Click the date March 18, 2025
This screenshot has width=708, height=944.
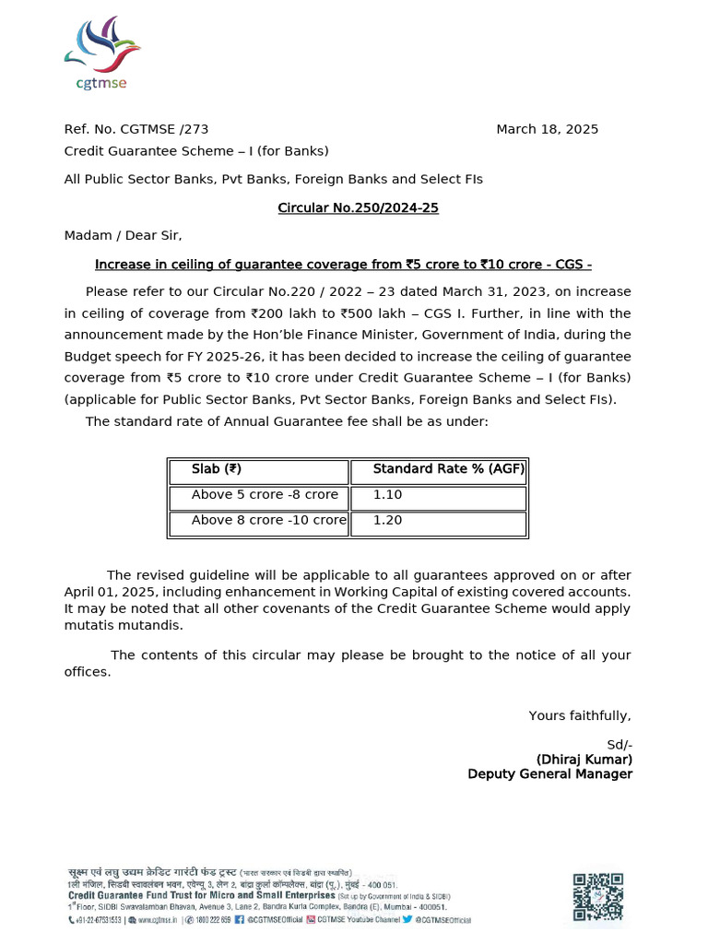[x=547, y=129]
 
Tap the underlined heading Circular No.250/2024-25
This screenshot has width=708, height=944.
[x=358, y=207]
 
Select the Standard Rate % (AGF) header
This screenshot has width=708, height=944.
[x=448, y=469]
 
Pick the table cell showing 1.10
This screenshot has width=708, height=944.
[x=387, y=495]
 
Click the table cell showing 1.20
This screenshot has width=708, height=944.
[x=387, y=521]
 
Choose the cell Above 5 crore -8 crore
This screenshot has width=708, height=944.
[x=265, y=495]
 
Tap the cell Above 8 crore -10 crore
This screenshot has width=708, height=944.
[x=268, y=521]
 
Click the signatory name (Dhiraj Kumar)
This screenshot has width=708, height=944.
[x=584, y=759]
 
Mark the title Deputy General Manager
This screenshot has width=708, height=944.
[x=549, y=774]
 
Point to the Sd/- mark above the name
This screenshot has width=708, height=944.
[x=619, y=744]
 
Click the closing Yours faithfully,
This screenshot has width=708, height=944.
[x=580, y=715]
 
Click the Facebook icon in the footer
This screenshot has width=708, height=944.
[x=239, y=919]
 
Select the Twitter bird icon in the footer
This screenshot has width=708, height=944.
[x=406, y=919]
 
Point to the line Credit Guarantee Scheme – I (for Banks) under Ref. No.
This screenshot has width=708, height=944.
[x=195, y=151]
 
